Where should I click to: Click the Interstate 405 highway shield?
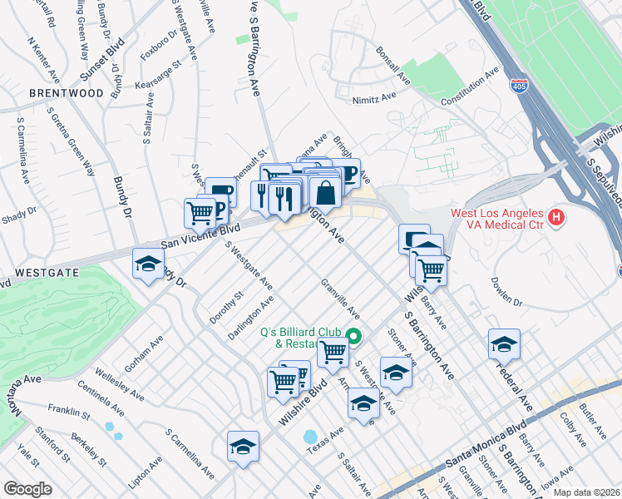520,86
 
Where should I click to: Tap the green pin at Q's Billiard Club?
353,337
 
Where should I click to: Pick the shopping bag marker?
327,192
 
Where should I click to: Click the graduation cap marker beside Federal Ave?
504,343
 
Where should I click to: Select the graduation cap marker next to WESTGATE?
149,265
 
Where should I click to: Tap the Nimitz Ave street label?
373,97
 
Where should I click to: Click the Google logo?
27,489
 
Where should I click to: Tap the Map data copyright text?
586,492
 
